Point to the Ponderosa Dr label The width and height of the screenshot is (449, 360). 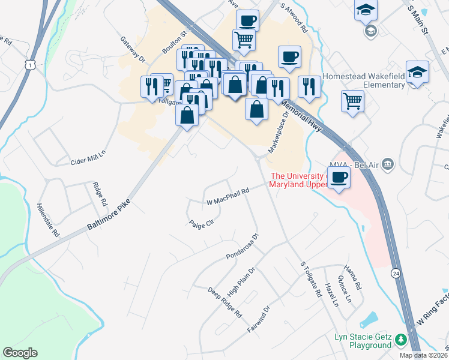[242, 247]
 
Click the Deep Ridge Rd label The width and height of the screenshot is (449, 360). [224, 302]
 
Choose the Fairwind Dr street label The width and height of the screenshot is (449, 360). [259, 319]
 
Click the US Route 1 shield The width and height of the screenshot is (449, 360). [29, 63]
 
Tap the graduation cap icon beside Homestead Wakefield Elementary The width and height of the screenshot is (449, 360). [417, 72]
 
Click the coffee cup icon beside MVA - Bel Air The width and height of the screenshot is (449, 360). [339, 178]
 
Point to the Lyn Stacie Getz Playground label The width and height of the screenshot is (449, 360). [363, 341]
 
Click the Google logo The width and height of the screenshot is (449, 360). [20, 353]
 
